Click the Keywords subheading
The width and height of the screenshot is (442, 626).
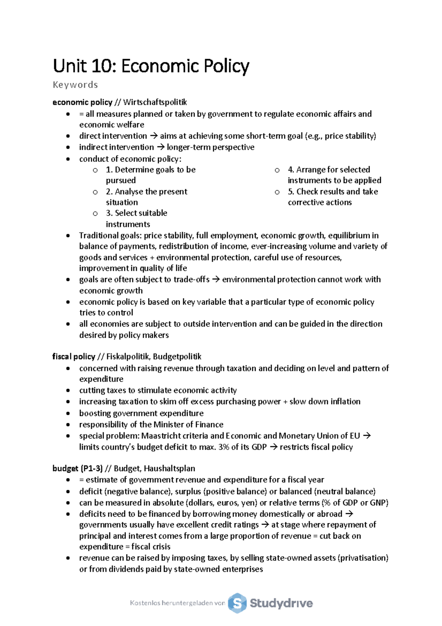click(x=75, y=85)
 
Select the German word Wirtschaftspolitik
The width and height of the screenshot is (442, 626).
click(x=155, y=102)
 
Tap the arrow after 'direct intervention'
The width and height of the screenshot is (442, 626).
click(x=153, y=136)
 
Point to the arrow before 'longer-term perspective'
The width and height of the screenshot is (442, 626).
click(x=161, y=147)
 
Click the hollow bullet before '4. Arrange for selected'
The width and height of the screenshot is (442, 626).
click(x=277, y=170)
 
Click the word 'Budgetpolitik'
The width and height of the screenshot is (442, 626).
click(x=177, y=357)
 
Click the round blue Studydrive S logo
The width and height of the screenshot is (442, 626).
click(x=237, y=603)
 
